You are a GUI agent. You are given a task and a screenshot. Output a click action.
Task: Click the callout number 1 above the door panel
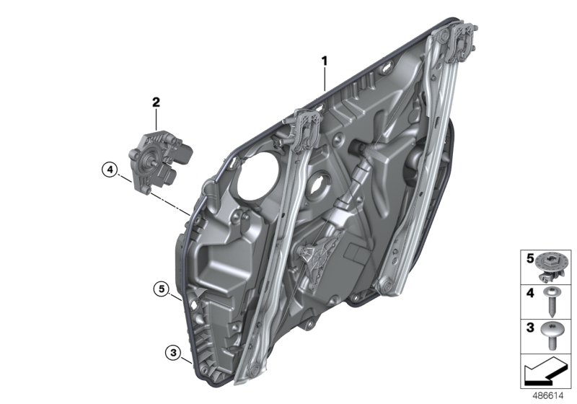[325, 62]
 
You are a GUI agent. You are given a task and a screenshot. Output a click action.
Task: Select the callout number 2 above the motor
[155, 102]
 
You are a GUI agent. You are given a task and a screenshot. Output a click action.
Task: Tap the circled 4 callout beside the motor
[110, 170]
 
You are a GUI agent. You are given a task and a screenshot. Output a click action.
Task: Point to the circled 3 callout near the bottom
[172, 353]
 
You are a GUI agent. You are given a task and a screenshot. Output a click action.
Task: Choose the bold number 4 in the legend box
[529, 294]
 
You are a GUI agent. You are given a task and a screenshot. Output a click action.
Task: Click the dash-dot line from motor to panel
[162, 195]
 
